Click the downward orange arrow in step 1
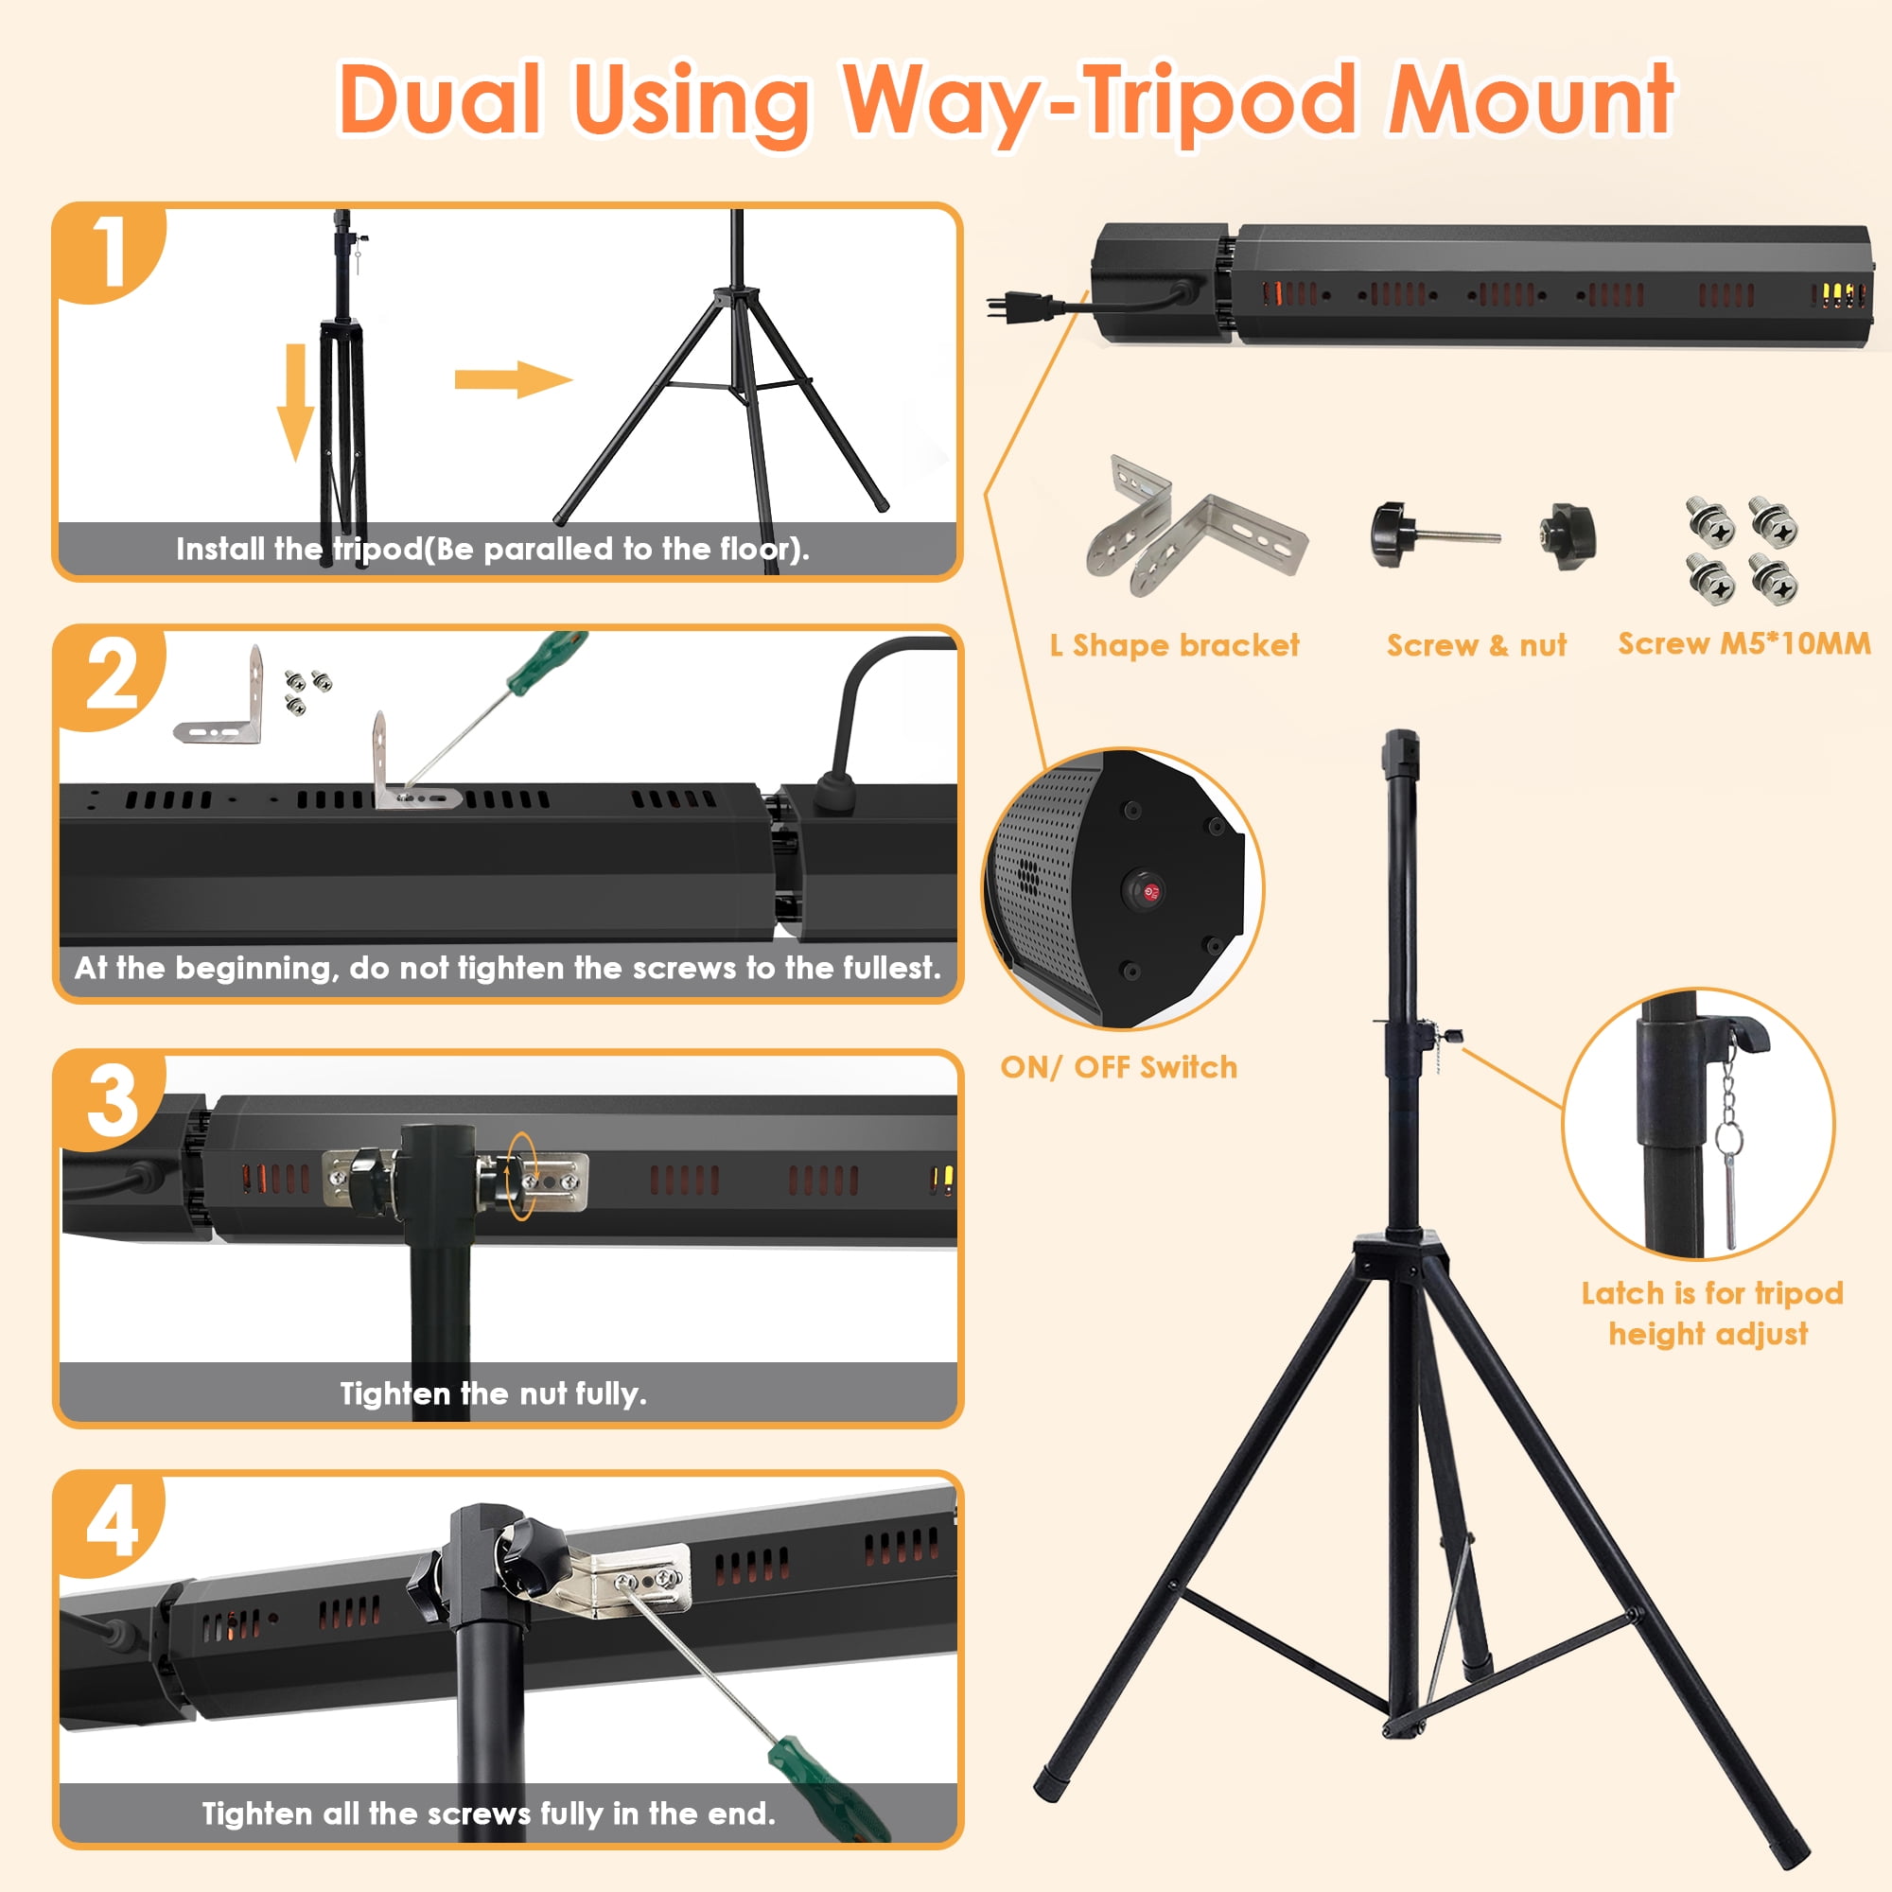point(295,402)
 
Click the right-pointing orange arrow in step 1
point(513,379)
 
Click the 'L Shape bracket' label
point(1174,645)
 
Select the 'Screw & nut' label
point(1477,645)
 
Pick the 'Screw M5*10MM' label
point(1744,643)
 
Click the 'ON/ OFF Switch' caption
point(1118,1066)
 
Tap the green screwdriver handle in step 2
point(545,662)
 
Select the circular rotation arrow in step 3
point(522,1175)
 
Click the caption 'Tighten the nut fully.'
point(494,1393)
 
